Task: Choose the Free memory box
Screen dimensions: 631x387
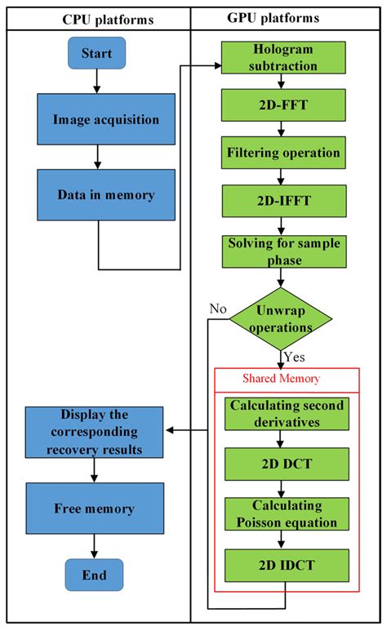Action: click(94, 508)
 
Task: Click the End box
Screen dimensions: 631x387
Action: click(95, 575)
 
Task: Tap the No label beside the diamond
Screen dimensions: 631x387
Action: click(217, 309)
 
